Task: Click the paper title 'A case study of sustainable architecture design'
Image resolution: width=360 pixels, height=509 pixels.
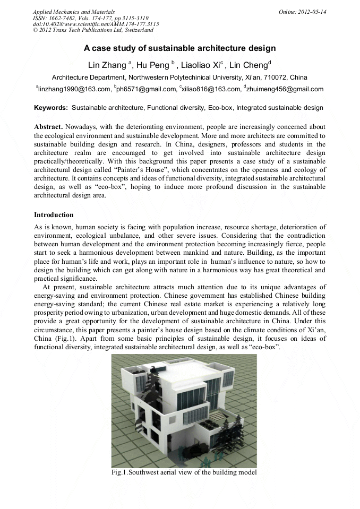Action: tap(179, 48)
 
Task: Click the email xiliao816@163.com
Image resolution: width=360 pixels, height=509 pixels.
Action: tap(210, 90)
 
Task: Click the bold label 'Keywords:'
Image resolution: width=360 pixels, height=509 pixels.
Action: tap(51, 108)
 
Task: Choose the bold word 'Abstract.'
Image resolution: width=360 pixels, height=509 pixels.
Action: tap(48, 128)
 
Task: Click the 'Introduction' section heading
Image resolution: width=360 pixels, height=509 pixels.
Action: tap(54, 215)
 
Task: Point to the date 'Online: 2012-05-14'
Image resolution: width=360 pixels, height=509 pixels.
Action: tap(302, 11)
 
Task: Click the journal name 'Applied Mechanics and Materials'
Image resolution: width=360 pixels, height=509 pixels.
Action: tap(74, 11)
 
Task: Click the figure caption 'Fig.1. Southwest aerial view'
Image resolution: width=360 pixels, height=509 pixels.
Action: tap(184, 472)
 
